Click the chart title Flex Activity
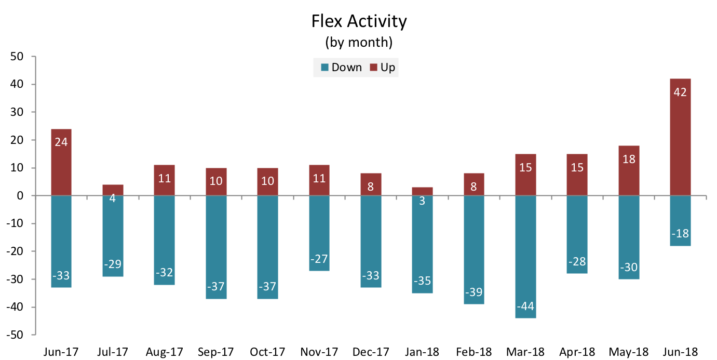click(359, 21)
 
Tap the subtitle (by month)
click(359, 42)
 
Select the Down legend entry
click(341, 67)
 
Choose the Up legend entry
click(383, 67)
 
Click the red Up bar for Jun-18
click(680, 137)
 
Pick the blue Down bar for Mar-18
click(525, 257)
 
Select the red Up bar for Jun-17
click(61, 163)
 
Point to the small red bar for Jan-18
click(422, 192)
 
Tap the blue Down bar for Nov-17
click(319, 233)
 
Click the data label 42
click(680, 92)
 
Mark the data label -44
click(525, 306)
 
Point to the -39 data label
click(474, 292)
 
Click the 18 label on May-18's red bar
click(629, 159)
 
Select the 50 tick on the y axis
click(17, 57)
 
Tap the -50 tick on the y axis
click(15, 335)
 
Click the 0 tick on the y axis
click(20, 195)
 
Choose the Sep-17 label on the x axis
click(216, 352)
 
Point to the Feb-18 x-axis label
click(474, 352)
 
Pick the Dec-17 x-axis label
click(371, 352)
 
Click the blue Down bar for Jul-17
click(113, 236)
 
